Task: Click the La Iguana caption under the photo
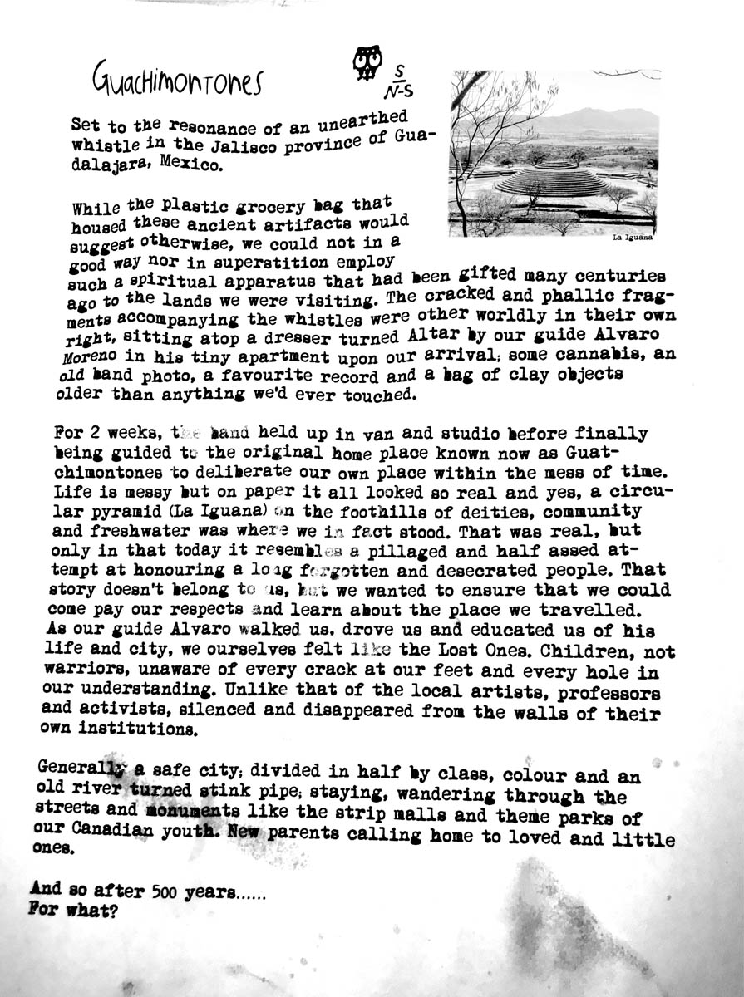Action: tap(632, 238)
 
